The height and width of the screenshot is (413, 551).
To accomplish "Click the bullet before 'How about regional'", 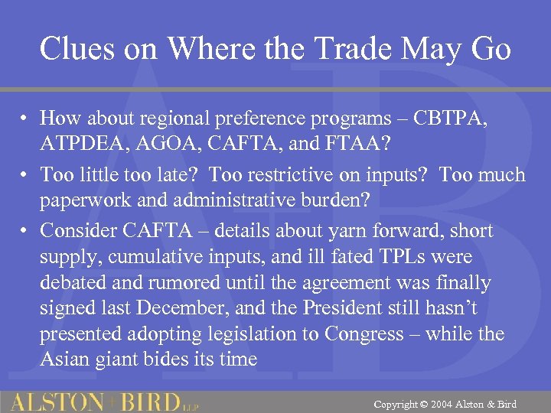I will [x=26, y=119].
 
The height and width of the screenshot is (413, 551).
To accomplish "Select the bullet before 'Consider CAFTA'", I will [x=26, y=231].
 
